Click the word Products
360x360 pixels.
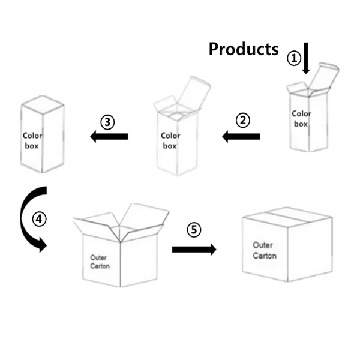point(243,49)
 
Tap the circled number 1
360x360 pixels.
point(293,58)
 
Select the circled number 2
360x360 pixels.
point(242,120)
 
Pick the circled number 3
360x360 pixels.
point(107,122)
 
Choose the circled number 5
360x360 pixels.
point(193,229)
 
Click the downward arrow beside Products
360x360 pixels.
point(306,58)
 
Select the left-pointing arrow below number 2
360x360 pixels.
point(241,137)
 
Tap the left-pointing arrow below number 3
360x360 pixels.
point(109,137)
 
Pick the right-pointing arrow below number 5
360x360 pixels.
point(194,249)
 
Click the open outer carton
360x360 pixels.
point(120,246)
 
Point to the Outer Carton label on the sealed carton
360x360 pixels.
point(264,250)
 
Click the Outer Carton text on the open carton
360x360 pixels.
point(100,262)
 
